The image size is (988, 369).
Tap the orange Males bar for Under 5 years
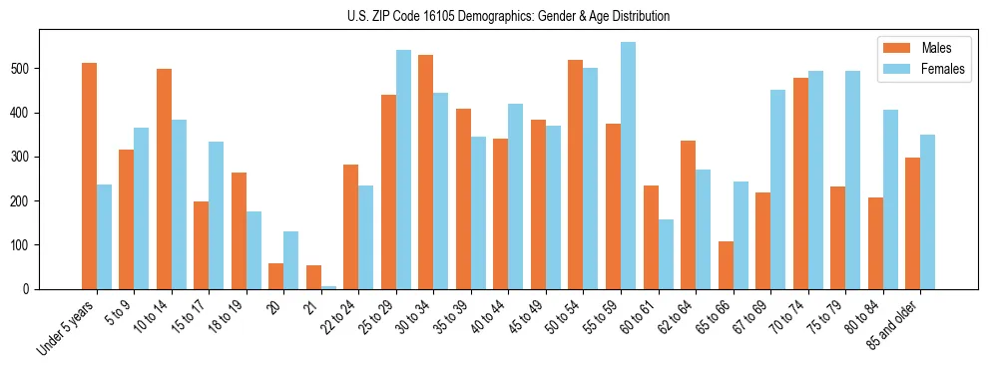pyautogui.click(x=90, y=176)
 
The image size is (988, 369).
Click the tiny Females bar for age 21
pyautogui.click(x=328, y=287)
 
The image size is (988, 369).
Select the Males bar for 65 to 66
pyautogui.click(x=726, y=265)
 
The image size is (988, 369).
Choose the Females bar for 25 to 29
pyautogui.click(x=403, y=170)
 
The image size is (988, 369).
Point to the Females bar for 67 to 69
pyautogui.click(x=777, y=189)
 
